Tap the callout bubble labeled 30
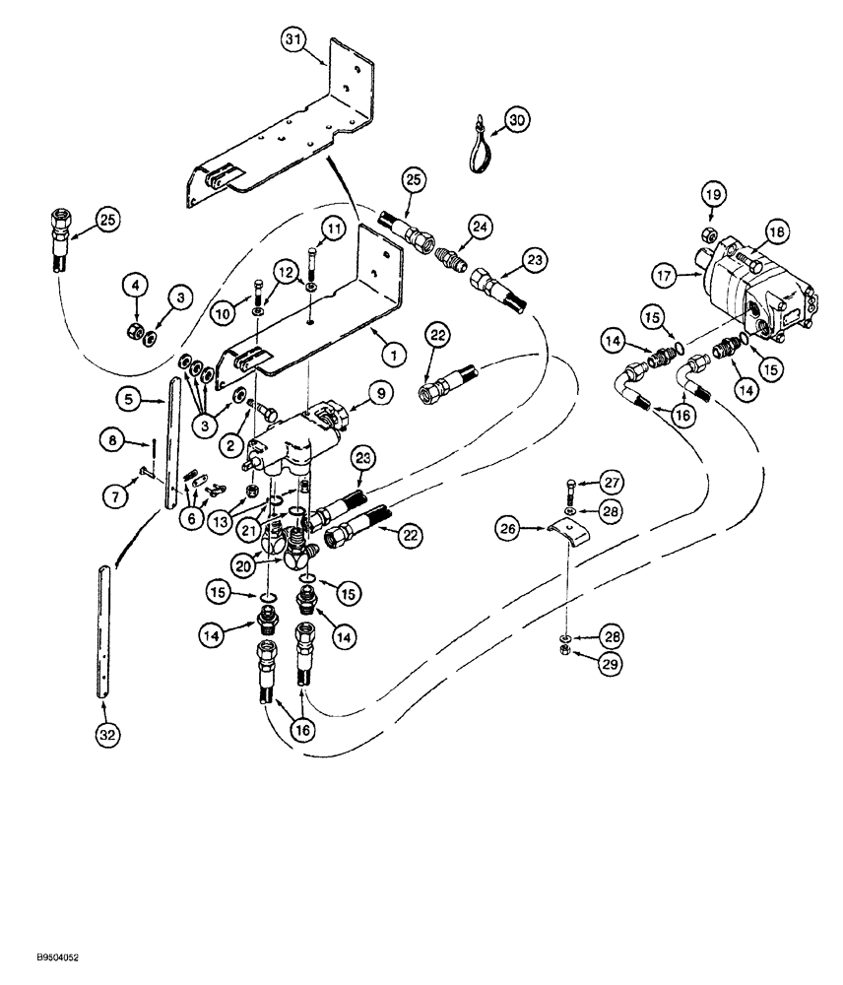pyautogui.click(x=516, y=120)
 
